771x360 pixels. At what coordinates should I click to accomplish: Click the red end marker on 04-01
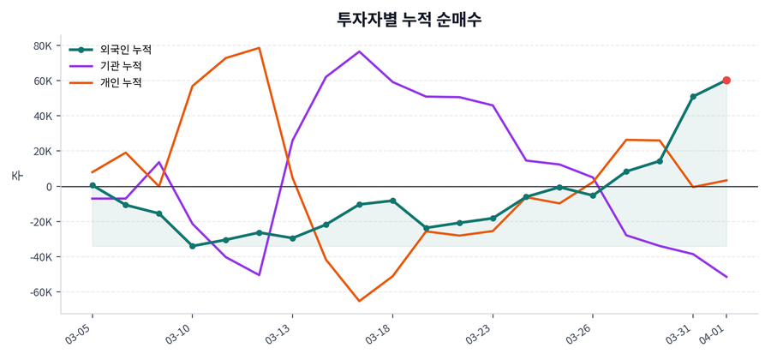click(x=726, y=81)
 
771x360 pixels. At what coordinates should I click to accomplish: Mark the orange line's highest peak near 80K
click(x=259, y=48)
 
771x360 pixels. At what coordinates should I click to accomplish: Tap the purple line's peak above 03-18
click(x=359, y=51)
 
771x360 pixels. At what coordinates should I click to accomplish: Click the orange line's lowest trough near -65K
click(x=359, y=301)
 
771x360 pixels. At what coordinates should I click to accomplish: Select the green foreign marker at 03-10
click(x=192, y=246)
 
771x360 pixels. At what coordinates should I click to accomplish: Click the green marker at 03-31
click(x=693, y=97)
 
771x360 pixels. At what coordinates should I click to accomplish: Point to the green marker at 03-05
click(x=93, y=185)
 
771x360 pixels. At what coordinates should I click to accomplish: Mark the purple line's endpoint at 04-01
click(x=726, y=277)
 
